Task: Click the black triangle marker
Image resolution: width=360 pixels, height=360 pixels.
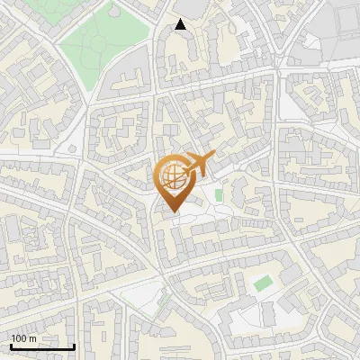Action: click(181, 24)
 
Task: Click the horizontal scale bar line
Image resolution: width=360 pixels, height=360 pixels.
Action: click(42, 346)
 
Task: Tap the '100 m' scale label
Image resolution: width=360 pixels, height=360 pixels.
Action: click(24, 338)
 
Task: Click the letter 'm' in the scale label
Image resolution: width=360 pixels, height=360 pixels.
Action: click(33, 338)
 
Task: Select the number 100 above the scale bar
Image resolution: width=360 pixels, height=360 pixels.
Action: click(20, 338)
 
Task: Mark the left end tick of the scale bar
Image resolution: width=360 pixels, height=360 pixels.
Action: click(11, 345)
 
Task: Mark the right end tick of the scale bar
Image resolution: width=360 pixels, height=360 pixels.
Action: click(74, 345)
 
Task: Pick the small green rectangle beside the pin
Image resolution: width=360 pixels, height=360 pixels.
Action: click(219, 194)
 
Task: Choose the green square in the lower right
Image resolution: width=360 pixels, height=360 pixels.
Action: click(262, 283)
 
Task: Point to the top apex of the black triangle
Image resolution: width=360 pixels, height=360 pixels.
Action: click(181, 19)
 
